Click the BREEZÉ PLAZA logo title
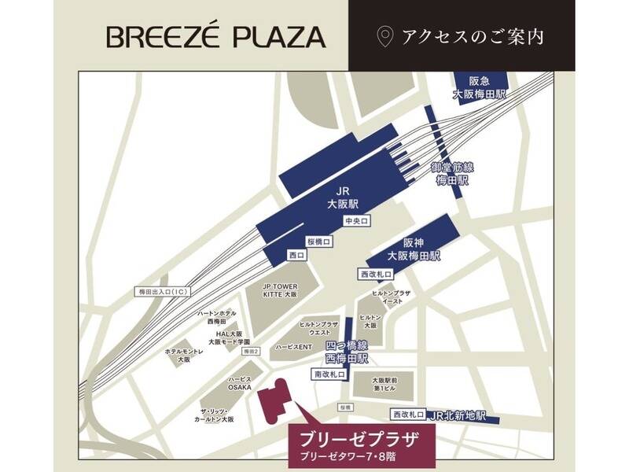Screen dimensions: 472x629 click(x=215, y=36)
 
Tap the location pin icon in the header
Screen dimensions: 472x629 click(x=384, y=36)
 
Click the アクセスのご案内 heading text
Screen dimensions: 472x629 click(x=472, y=36)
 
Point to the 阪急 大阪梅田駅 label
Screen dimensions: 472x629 click(x=479, y=87)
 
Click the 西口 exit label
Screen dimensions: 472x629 click(x=297, y=255)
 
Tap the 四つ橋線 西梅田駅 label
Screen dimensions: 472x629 click(x=347, y=352)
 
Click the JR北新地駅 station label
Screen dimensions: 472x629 click(x=460, y=415)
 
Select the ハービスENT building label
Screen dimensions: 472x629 click(x=295, y=347)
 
